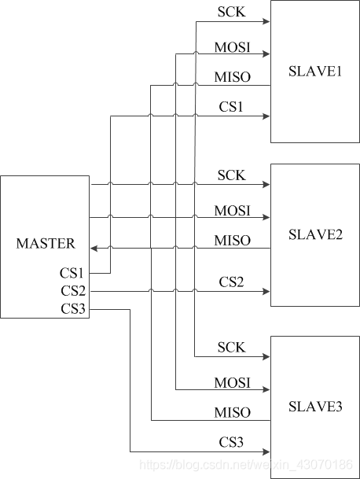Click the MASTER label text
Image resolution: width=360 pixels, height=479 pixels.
click(46, 243)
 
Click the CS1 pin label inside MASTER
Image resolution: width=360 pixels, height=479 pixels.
click(73, 273)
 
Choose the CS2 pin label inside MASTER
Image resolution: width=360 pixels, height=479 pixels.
click(73, 291)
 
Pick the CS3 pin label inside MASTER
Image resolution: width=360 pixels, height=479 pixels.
click(73, 308)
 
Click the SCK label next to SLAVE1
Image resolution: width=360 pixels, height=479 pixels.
click(231, 12)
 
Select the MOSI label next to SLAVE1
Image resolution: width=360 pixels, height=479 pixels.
click(232, 46)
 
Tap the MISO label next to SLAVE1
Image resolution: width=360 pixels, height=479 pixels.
click(232, 76)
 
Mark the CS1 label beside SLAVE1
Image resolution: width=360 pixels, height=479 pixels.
click(231, 106)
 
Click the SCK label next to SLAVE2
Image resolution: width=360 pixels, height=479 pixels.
click(231, 175)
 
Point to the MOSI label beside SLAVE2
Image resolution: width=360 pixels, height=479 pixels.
click(232, 210)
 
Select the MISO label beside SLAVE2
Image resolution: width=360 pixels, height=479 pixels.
click(232, 240)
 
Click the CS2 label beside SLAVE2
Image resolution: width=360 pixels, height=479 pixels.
click(231, 282)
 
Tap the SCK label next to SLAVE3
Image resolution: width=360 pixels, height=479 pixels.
click(231, 347)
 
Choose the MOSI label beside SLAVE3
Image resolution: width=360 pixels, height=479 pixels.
click(232, 382)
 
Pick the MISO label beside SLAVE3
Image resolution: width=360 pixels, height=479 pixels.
click(232, 412)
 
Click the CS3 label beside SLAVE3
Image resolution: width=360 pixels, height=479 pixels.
click(231, 443)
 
